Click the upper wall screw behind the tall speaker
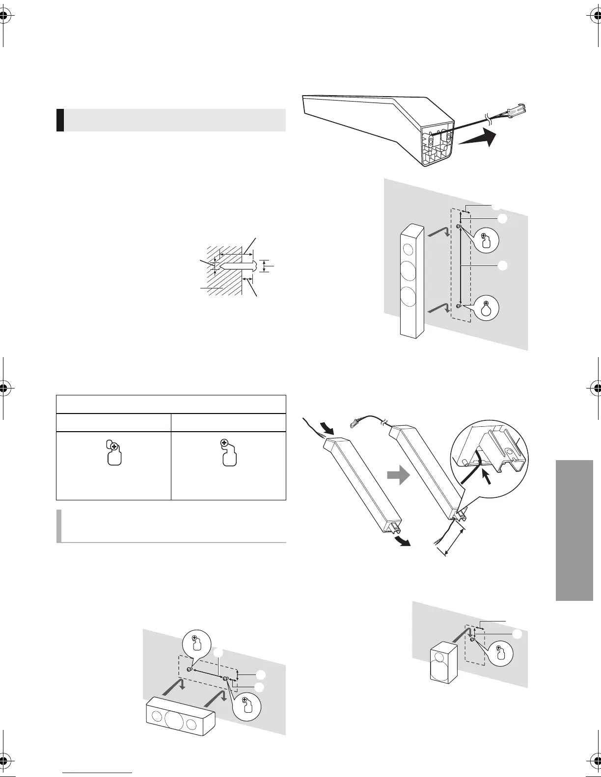click(x=458, y=227)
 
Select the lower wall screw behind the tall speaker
click(x=458, y=306)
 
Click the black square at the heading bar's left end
click(x=60, y=120)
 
